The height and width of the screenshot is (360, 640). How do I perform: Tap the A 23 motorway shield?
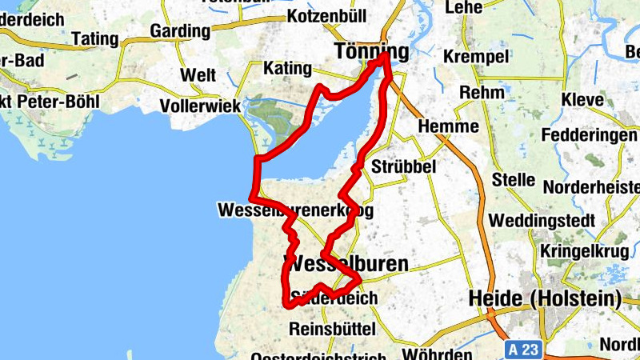pyautogui.click(x=523, y=350)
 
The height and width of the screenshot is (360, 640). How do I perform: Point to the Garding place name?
pyautogui.click(x=180, y=32)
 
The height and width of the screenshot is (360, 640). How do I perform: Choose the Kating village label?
pyautogui.click(x=286, y=68)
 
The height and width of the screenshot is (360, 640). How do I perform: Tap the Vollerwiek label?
pyautogui.click(x=199, y=105)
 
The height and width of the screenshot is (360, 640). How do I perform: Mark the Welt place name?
pyautogui.click(x=199, y=75)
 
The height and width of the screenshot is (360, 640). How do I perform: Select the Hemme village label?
pyautogui.click(x=449, y=126)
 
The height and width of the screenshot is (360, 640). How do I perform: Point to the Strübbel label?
pyautogui.click(x=403, y=166)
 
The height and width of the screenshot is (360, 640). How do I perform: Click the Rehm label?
pyautogui.click(x=482, y=92)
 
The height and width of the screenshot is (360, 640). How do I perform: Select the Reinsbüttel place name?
pyautogui.click(x=330, y=329)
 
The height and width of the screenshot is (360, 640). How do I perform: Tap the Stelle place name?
pyautogui.click(x=513, y=179)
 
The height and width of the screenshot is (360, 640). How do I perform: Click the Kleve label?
pyautogui.click(x=583, y=101)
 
